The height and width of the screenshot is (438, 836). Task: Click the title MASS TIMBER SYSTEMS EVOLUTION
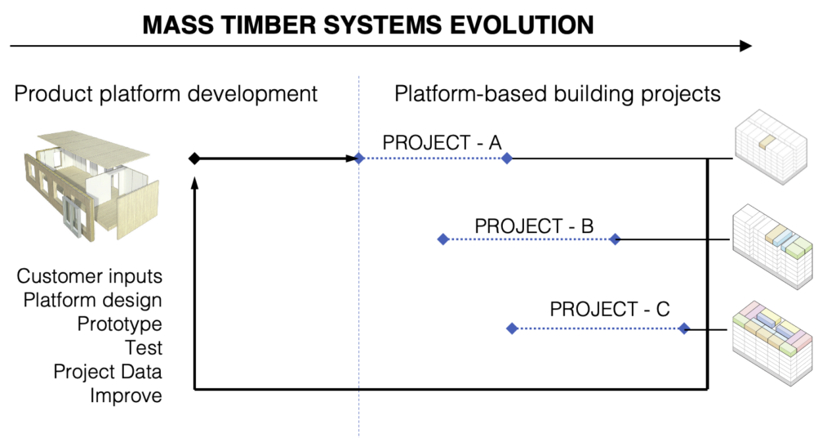(x=367, y=25)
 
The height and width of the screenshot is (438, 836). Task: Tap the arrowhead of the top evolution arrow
(x=745, y=47)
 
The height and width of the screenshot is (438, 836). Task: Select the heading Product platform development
(x=166, y=94)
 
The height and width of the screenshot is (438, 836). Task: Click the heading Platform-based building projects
(x=558, y=94)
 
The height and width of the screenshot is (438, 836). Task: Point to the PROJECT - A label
(x=442, y=142)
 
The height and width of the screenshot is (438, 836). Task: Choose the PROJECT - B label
(x=534, y=225)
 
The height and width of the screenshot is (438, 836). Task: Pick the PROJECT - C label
(x=610, y=310)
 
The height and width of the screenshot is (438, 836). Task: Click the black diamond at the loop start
(x=193, y=159)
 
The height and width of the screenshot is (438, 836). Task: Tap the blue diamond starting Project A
(x=358, y=159)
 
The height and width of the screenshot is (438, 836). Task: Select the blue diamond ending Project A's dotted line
(x=507, y=159)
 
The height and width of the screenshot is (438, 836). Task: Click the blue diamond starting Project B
(x=442, y=239)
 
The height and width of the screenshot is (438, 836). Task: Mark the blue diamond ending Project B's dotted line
(x=616, y=239)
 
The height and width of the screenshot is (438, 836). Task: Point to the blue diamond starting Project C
(x=512, y=328)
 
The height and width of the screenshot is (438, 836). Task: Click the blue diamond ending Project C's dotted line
(x=684, y=328)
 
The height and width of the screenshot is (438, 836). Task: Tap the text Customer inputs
(x=90, y=276)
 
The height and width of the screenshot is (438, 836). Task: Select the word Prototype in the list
(x=119, y=324)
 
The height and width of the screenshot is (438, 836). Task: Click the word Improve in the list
(x=126, y=396)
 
